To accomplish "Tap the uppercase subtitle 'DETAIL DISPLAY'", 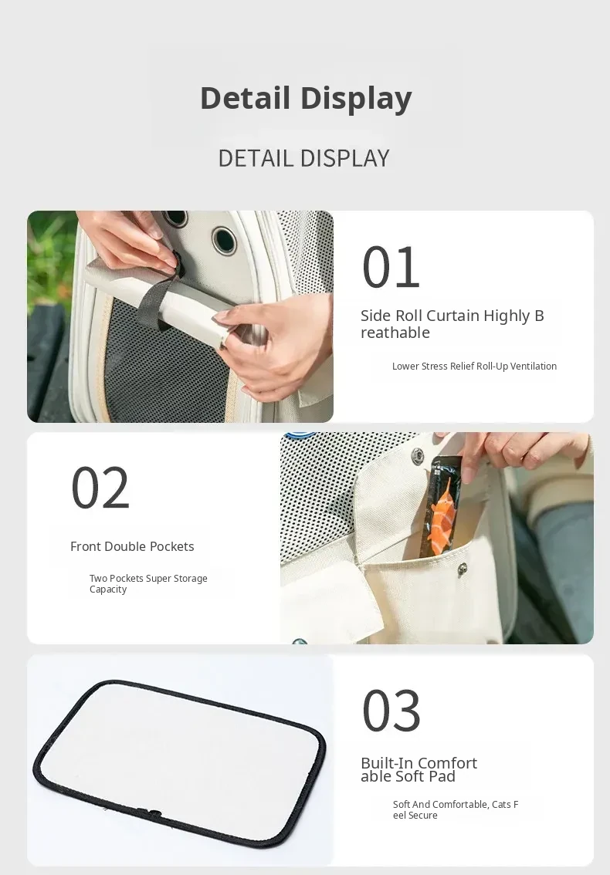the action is pos(304,158).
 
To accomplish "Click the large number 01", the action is pos(391,267).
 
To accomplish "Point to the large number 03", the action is pos(391,711).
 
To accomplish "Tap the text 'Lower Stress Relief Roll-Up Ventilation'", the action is pos(474,366).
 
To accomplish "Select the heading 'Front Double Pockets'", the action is pos(132,546).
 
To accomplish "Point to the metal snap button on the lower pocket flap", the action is pos(462,569).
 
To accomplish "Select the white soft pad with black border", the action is pos(179,763).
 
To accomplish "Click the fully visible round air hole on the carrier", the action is pos(225,239).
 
